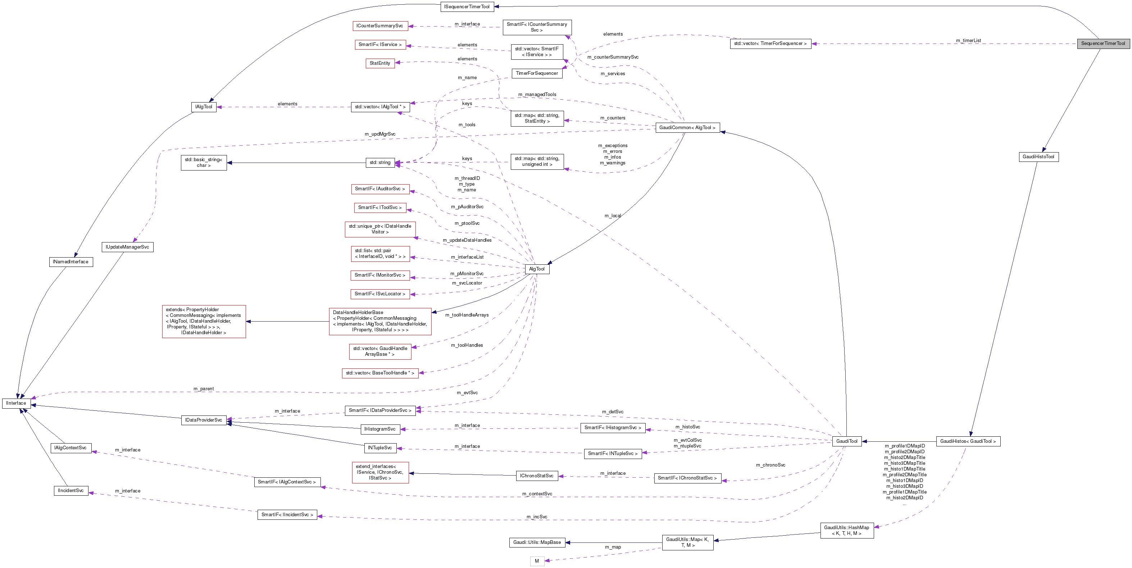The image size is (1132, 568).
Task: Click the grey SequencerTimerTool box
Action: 1103,44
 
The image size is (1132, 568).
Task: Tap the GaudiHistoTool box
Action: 1038,157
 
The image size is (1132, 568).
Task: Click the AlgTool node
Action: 537,269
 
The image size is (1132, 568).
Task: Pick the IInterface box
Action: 16,403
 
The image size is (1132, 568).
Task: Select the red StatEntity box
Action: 380,63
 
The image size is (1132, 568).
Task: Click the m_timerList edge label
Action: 968,40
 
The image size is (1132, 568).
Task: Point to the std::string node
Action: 380,163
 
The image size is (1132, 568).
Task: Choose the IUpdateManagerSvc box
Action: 127,247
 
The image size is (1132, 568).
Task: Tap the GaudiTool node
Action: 846,441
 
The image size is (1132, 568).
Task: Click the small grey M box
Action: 537,561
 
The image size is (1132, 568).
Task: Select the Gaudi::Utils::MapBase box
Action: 537,542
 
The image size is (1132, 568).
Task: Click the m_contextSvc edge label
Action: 537,494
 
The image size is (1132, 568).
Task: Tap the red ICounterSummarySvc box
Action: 380,26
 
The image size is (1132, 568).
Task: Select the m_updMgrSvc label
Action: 380,134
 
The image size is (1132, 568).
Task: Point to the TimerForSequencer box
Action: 537,73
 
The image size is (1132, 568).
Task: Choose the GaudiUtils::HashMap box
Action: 846,530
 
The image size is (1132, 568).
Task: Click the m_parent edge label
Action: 204,389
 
